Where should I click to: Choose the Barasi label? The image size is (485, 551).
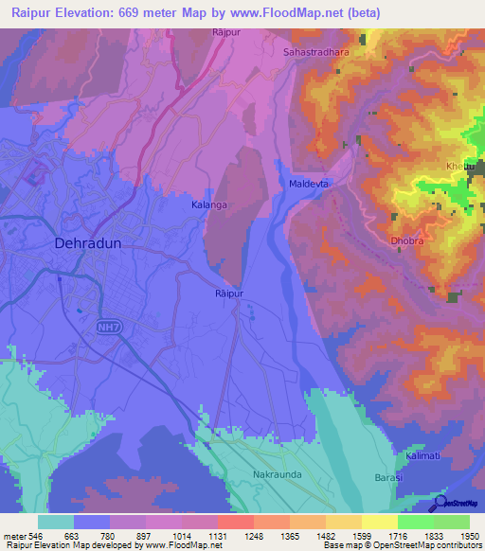(389, 478)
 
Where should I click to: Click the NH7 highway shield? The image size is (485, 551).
(108, 327)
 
